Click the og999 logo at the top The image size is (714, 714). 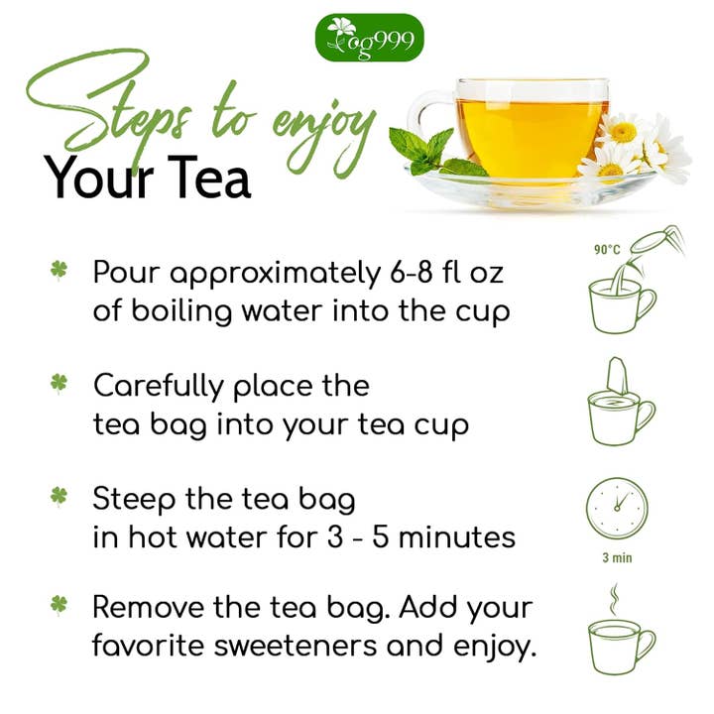369,37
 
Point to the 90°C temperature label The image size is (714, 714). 607,251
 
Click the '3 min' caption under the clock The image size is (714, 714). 617,558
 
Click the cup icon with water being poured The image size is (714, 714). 621,297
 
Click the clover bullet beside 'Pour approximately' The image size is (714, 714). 59,270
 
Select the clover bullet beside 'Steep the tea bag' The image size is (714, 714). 59,494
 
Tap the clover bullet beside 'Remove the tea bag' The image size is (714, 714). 59,604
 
